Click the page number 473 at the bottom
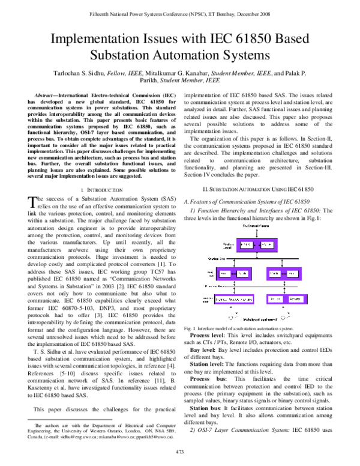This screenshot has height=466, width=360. pyautogui.click(x=179, y=452)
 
